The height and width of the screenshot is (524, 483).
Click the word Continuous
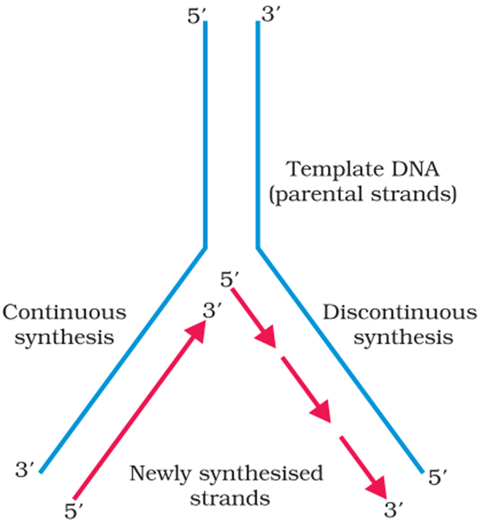pos(64,313)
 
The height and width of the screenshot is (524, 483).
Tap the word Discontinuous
pos(399,313)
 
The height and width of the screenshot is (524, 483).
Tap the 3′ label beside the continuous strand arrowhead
pos(212,312)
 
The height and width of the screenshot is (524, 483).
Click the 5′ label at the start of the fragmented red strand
pos(230,280)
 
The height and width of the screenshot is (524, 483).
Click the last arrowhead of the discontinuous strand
pos(375,487)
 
